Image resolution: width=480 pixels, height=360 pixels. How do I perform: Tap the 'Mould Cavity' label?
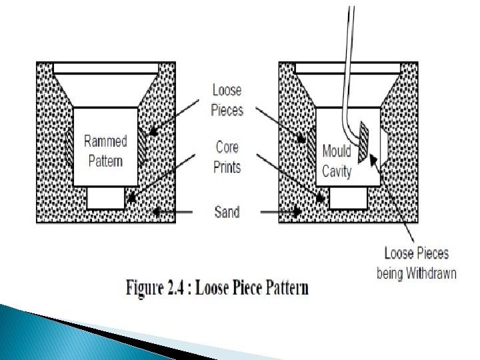tap(337, 160)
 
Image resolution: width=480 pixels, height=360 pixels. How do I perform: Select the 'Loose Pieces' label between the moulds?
tap(227, 99)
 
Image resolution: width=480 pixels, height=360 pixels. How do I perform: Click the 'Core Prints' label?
tap(227, 157)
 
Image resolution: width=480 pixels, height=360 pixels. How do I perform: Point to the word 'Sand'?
tap(227, 213)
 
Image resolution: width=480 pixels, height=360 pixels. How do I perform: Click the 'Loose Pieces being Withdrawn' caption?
tap(417, 263)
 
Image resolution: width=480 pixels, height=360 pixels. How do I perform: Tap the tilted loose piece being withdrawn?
tap(363, 141)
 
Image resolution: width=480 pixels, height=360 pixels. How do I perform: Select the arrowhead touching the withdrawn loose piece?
tap(373, 159)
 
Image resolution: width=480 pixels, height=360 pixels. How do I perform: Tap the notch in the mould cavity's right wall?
tap(385, 141)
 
